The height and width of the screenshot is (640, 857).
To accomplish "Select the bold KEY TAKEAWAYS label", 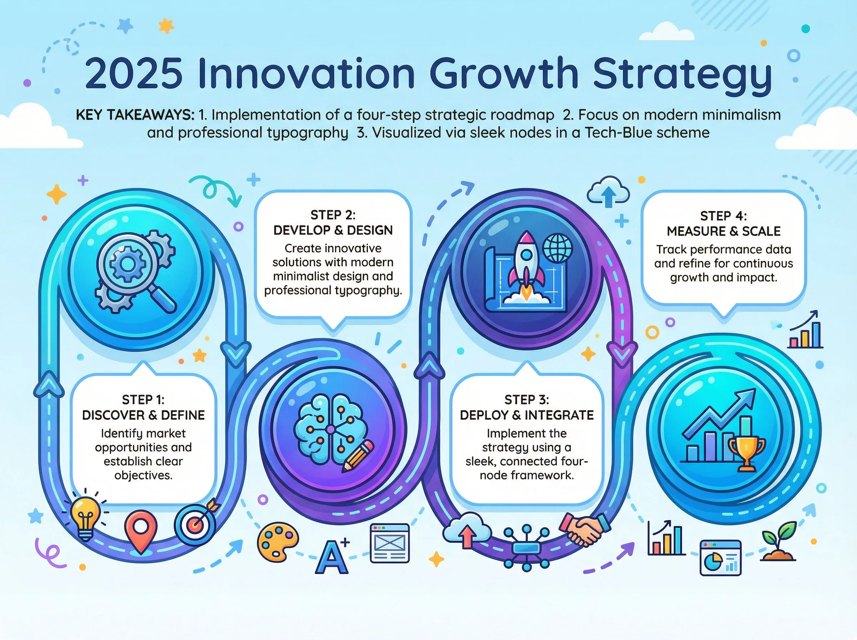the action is (x=135, y=115).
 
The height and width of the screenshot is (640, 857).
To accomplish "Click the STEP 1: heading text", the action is (x=143, y=399).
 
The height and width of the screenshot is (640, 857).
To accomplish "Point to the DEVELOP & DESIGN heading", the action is (x=333, y=230).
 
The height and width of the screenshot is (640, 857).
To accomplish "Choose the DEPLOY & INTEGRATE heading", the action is (x=527, y=415).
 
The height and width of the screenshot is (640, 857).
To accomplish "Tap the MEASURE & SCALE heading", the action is (x=723, y=231).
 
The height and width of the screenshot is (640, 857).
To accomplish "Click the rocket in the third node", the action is (x=525, y=264).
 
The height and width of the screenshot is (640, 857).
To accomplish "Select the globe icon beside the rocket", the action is (x=557, y=247).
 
